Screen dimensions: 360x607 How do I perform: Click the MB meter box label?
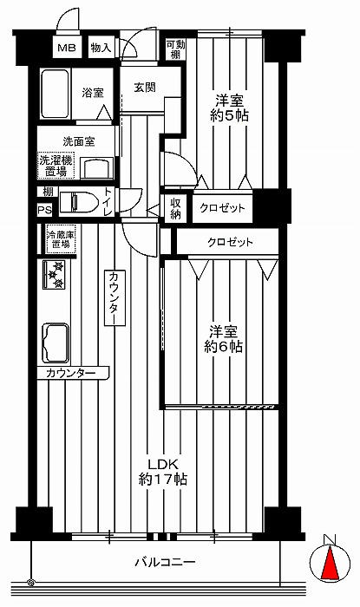tap(67, 48)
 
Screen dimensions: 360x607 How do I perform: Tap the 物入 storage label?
tap(101, 48)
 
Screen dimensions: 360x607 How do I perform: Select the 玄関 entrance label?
tap(145, 88)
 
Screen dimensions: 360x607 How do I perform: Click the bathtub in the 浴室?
tap(55, 94)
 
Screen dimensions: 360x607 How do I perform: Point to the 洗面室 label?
tap(79, 141)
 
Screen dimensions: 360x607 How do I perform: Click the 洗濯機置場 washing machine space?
tap(56, 166)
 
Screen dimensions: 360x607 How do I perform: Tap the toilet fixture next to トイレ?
tap(79, 202)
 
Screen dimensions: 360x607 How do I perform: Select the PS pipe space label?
tap(44, 211)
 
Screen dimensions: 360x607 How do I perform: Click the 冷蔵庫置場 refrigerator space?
tap(61, 239)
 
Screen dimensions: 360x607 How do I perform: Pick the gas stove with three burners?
tap(54, 275)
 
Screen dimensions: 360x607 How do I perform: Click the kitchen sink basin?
tap(56, 343)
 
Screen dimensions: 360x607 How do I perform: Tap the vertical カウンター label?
tap(115, 297)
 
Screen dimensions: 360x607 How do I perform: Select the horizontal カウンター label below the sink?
tap(71, 373)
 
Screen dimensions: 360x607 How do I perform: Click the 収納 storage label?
tap(176, 209)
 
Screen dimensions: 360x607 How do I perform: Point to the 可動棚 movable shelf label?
tap(176, 49)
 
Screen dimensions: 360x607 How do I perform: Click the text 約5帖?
tap(230, 115)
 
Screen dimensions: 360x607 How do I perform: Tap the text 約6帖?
tap(223, 346)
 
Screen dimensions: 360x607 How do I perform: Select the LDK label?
tap(163, 464)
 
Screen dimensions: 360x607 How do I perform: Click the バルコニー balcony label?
tap(166, 562)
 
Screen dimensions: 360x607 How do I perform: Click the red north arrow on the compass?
tap(331, 562)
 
